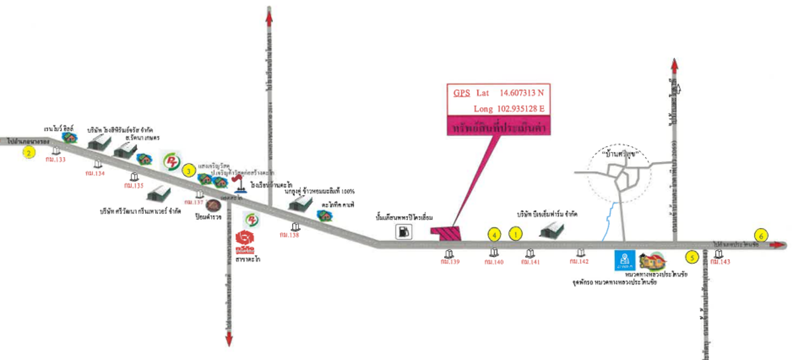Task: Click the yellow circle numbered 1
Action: coord(515,234)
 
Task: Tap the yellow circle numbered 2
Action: coord(28,153)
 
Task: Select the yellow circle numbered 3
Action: coord(189,171)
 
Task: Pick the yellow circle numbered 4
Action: coord(494,235)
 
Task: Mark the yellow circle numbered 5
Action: coord(692,256)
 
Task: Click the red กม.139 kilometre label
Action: coord(450,262)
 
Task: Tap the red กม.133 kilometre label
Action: coord(56,160)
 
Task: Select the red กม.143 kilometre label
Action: coord(720,262)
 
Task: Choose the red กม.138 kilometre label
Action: coord(295,235)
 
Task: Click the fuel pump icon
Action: coord(404,232)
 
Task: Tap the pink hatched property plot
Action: coord(447,233)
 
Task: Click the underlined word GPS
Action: coord(461,92)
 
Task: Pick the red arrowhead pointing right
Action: coord(777,245)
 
